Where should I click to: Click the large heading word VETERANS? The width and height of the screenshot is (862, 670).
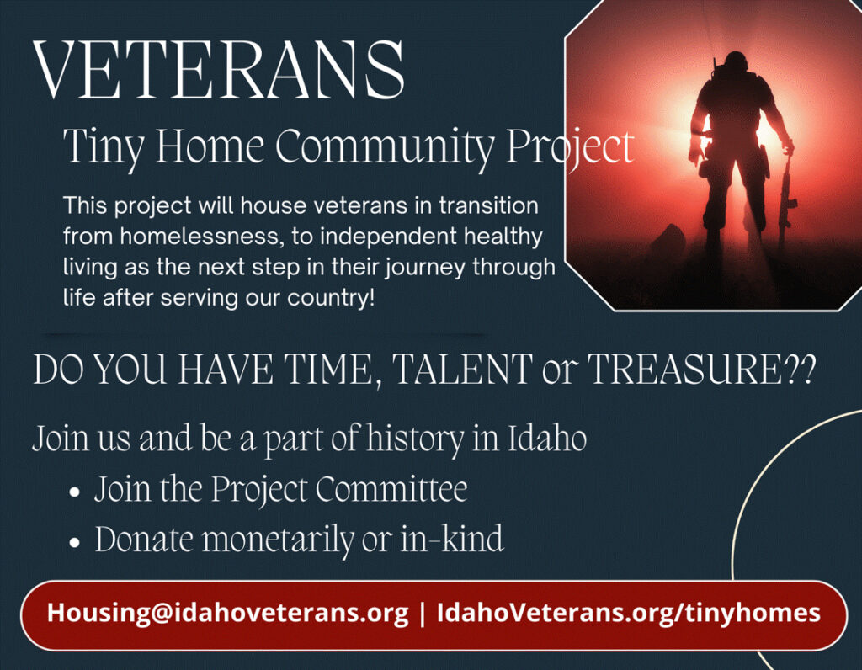(x=220, y=70)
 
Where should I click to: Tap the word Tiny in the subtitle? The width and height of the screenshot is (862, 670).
(x=104, y=147)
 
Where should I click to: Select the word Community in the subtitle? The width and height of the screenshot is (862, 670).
(x=384, y=147)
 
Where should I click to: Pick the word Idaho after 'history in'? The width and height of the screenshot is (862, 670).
(x=546, y=439)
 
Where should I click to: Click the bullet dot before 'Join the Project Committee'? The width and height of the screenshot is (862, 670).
(x=75, y=492)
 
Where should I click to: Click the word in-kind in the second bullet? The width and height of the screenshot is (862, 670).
(x=451, y=539)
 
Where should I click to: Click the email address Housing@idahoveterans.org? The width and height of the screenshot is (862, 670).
(x=227, y=613)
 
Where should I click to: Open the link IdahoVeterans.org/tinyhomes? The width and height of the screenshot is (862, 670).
(x=628, y=613)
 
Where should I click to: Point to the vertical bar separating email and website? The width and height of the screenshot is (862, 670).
(x=423, y=614)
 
